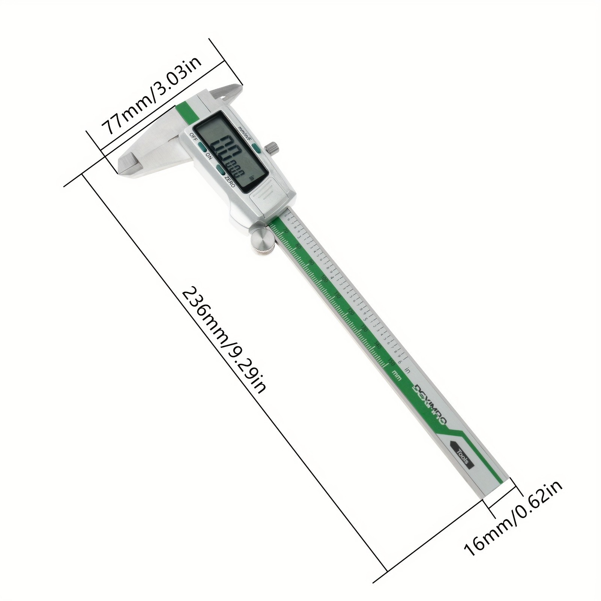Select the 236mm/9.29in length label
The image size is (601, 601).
click(225, 340)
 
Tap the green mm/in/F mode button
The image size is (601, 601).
click(257, 149)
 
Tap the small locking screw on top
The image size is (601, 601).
click(272, 148)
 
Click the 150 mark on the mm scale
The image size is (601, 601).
click(391, 362)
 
